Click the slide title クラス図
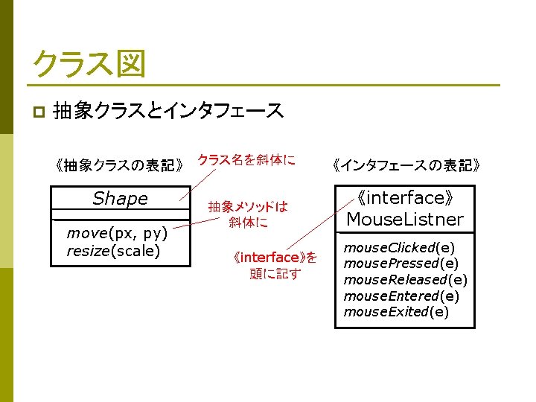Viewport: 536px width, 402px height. pyautogui.click(x=88, y=65)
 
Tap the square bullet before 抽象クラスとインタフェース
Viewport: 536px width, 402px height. pyautogui.click(x=38, y=112)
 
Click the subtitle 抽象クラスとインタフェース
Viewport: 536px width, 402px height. pyautogui.click(x=168, y=111)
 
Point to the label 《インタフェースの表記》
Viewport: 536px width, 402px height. pyautogui.click(x=406, y=165)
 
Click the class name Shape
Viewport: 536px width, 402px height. pyautogui.click(x=120, y=199)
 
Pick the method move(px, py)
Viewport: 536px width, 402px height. pyautogui.click(x=117, y=235)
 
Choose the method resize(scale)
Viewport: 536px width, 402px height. pyautogui.click(x=113, y=251)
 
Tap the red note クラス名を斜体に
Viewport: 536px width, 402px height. pyautogui.click(x=246, y=159)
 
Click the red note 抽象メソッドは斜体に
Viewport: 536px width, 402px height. pyautogui.click(x=247, y=214)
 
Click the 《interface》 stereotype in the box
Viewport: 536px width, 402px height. pyautogui.click(x=404, y=199)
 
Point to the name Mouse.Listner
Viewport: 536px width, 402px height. pyautogui.click(x=404, y=220)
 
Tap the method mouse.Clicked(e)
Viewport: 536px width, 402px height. pyautogui.click(x=398, y=247)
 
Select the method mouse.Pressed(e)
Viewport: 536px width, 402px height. pyautogui.click(x=401, y=264)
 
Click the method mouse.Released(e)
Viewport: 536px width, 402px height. pyautogui.click(x=405, y=279)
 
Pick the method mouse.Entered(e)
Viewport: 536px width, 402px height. pyautogui.click(x=401, y=296)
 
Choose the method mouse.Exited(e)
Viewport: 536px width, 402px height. pyautogui.click(x=396, y=311)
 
